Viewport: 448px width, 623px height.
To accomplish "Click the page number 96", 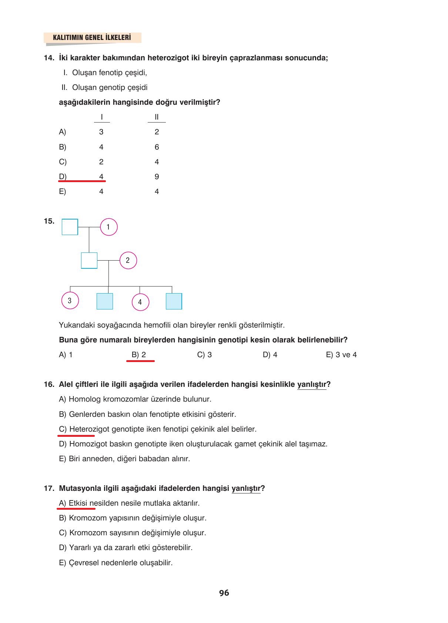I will coord(224,593).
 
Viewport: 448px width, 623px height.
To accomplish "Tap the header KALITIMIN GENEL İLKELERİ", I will coord(92,37).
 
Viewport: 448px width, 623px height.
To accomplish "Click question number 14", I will coord(49,58).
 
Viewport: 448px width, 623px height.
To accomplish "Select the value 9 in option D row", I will coord(157,177).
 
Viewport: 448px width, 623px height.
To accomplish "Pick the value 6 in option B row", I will coord(157,147).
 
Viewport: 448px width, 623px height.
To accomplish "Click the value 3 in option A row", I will coord(101,132).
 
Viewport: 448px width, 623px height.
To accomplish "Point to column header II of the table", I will coord(157,117).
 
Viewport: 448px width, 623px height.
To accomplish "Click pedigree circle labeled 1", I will coord(108,227).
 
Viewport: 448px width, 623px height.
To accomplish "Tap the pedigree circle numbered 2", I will coord(128,260).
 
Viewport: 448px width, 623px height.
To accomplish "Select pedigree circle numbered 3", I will coord(70,300).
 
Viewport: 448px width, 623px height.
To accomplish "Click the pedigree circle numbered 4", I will coord(140,302).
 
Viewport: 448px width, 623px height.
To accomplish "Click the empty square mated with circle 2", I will coord(89,260).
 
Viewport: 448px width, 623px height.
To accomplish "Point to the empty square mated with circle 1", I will coord(70,227).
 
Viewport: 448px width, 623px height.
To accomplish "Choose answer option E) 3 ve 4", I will coord(341,355).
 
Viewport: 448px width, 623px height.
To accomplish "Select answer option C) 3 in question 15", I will coord(204,355).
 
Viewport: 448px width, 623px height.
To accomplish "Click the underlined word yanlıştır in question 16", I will coord(311,384).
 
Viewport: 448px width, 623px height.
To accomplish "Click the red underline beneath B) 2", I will coord(140,361).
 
